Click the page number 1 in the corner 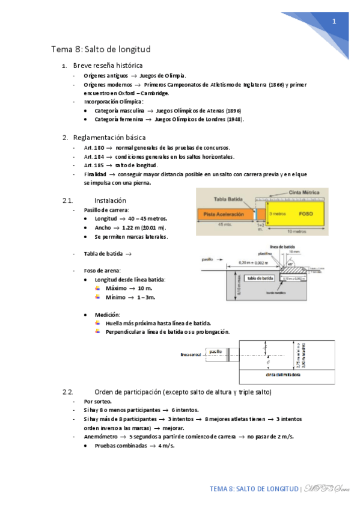click(x=334, y=21)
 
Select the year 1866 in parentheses click(x=276, y=85)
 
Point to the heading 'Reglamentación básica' click(x=109, y=138)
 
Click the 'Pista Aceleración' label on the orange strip click(x=223, y=214)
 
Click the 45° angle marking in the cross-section click(x=290, y=263)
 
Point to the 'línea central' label click(x=191, y=354)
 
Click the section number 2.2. click(x=68, y=392)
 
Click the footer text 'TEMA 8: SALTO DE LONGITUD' click(x=254, y=489)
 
